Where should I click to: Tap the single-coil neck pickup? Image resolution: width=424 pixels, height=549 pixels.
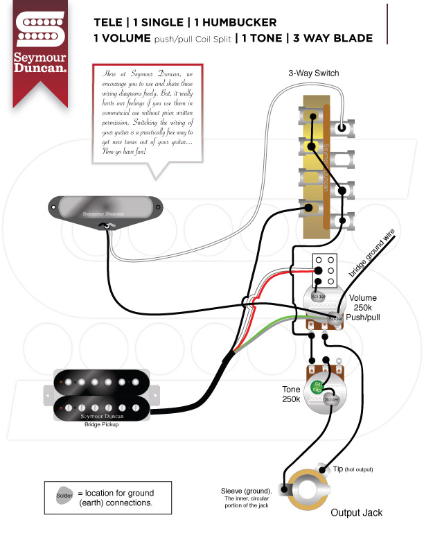[x=106, y=207]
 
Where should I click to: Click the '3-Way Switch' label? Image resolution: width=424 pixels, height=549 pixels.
[x=314, y=73]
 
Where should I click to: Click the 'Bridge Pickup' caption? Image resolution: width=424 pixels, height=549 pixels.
[x=101, y=424]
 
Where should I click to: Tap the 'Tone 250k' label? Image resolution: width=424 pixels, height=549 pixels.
[x=291, y=394]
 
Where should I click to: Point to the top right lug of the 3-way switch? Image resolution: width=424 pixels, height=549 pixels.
[x=343, y=128]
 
